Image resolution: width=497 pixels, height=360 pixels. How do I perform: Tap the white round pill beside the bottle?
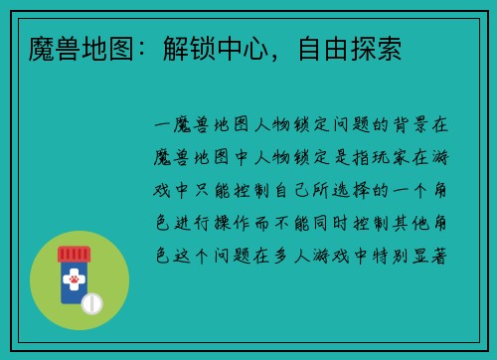click(x=91, y=302)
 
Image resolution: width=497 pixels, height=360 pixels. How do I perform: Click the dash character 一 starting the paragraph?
click(x=165, y=126)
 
